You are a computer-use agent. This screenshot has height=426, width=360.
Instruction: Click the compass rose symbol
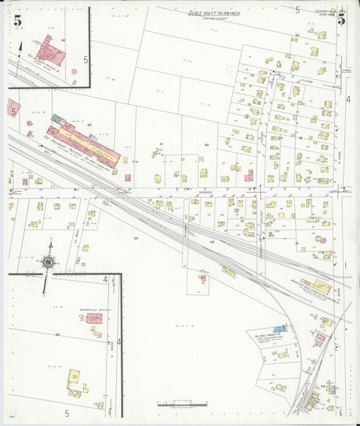[48, 261]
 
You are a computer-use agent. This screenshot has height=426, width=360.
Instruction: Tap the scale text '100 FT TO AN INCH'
[215, 13]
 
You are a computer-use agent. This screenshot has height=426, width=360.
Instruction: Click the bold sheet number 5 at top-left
[16, 20]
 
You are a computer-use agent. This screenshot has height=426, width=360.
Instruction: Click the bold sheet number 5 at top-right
[342, 20]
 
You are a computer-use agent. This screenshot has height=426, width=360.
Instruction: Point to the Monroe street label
[205, 192]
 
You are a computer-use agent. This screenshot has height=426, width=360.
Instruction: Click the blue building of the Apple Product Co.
[280, 328]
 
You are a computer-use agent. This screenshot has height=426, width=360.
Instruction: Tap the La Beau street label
[80, 236]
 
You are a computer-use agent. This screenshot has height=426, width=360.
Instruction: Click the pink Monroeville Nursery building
[93, 317]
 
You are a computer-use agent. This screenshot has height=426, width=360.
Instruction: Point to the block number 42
[207, 144]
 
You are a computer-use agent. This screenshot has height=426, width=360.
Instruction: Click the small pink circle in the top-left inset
[74, 82]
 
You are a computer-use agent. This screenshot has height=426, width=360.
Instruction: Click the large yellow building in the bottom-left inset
[74, 377]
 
